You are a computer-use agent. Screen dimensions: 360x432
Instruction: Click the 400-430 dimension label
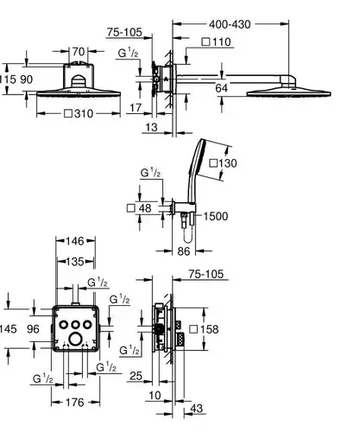pos(230,24)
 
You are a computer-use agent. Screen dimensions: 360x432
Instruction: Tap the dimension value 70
pos(79,52)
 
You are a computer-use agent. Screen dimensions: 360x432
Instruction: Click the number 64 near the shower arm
pos(221,88)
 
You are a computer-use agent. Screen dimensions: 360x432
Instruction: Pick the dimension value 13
pos(151,127)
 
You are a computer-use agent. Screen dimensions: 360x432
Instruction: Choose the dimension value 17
pos(136,108)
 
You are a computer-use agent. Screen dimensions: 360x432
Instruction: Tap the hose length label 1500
pos(216,216)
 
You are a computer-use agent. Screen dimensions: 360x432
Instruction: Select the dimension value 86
pos(184,251)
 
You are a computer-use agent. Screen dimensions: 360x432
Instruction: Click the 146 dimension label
pos(75,241)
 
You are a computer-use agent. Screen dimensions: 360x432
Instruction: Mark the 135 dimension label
pos(75,262)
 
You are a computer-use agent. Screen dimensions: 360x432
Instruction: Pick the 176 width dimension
pos(75,403)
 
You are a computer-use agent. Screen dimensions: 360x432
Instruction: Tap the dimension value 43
pos(197,408)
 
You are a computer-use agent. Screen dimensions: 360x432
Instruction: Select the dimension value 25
pos(136,376)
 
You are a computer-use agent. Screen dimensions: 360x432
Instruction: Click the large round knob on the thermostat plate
pos(75,339)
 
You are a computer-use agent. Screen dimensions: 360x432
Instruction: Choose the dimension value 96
pos(33,329)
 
